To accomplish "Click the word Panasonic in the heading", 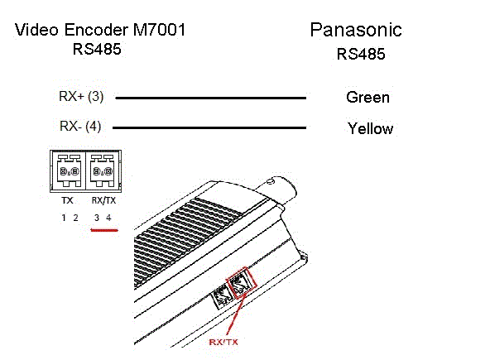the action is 356,30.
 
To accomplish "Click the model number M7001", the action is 160,30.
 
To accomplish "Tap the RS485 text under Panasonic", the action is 361,54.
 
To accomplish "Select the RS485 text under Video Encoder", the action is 97,49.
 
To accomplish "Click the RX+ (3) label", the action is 81,96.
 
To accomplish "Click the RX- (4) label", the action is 80,127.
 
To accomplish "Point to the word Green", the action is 367,97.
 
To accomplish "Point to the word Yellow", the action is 370,128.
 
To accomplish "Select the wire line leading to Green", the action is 210,98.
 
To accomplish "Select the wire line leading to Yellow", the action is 209,127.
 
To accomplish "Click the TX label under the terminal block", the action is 67,200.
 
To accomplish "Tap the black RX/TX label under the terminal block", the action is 103,200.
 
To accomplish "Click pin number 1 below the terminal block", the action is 64,218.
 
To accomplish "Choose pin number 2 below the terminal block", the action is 75,218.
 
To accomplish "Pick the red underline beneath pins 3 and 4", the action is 104,230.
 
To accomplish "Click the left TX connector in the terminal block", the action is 69,170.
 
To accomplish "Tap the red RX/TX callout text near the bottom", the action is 223,342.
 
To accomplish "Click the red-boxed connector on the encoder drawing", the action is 241,283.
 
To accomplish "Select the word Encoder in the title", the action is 96,30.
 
